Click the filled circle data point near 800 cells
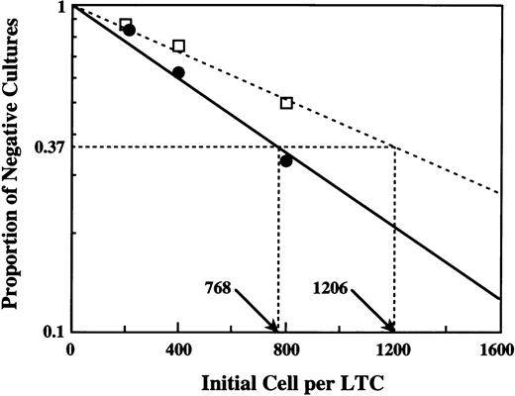(286, 160)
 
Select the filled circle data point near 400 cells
(178, 72)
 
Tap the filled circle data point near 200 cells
(129, 30)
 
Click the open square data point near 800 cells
(286, 103)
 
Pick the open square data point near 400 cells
(178, 46)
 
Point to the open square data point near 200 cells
(125, 24)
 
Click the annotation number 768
(218, 289)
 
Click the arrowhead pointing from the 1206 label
(393, 330)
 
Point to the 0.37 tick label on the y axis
(49, 147)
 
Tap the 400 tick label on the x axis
(178, 349)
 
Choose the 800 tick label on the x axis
(286, 349)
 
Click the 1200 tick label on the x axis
(394, 349)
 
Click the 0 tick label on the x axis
(70, 349)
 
